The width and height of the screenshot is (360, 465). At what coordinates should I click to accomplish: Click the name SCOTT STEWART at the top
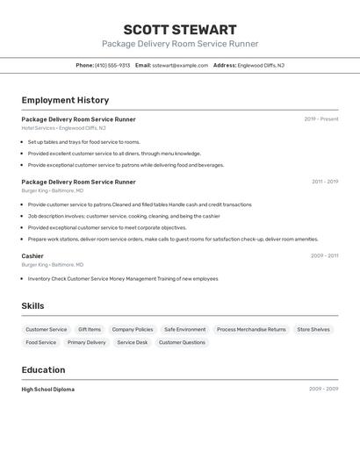point(179,30)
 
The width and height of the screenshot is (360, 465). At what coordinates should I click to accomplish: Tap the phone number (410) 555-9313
point(112,65)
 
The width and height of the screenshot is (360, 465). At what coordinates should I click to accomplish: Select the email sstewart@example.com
point(180,65)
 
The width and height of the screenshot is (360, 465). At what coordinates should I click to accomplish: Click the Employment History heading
point(65,100)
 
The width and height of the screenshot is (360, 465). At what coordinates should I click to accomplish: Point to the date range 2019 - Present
point(321,119)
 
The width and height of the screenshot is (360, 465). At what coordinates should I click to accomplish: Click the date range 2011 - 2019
point(325,182)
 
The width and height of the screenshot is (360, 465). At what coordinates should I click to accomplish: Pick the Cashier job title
point(32,256)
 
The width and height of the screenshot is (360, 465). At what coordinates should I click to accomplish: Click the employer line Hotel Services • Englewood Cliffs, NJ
point(63,128)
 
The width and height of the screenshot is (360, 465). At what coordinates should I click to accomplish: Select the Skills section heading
point(32,306)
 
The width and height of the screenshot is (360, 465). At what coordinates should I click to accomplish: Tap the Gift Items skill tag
point(90,330)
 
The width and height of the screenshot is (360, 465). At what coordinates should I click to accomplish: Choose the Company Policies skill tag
point(133,330)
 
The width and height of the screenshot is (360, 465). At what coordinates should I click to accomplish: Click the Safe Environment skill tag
point(184,330)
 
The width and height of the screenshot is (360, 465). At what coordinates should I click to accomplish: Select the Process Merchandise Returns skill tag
point(251,330)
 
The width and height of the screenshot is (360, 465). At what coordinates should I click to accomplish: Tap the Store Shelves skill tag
point(313,330)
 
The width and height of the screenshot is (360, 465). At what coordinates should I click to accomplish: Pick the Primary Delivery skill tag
point(86,342)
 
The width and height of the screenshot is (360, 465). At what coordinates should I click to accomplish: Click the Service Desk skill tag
point(133,342)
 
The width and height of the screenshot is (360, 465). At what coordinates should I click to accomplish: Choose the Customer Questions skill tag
point(182,342)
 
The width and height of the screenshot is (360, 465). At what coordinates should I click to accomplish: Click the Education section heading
point(43,369)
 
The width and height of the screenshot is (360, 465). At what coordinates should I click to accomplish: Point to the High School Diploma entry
point(48,389)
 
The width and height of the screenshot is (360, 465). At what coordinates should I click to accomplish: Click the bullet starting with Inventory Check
point(123,278)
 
